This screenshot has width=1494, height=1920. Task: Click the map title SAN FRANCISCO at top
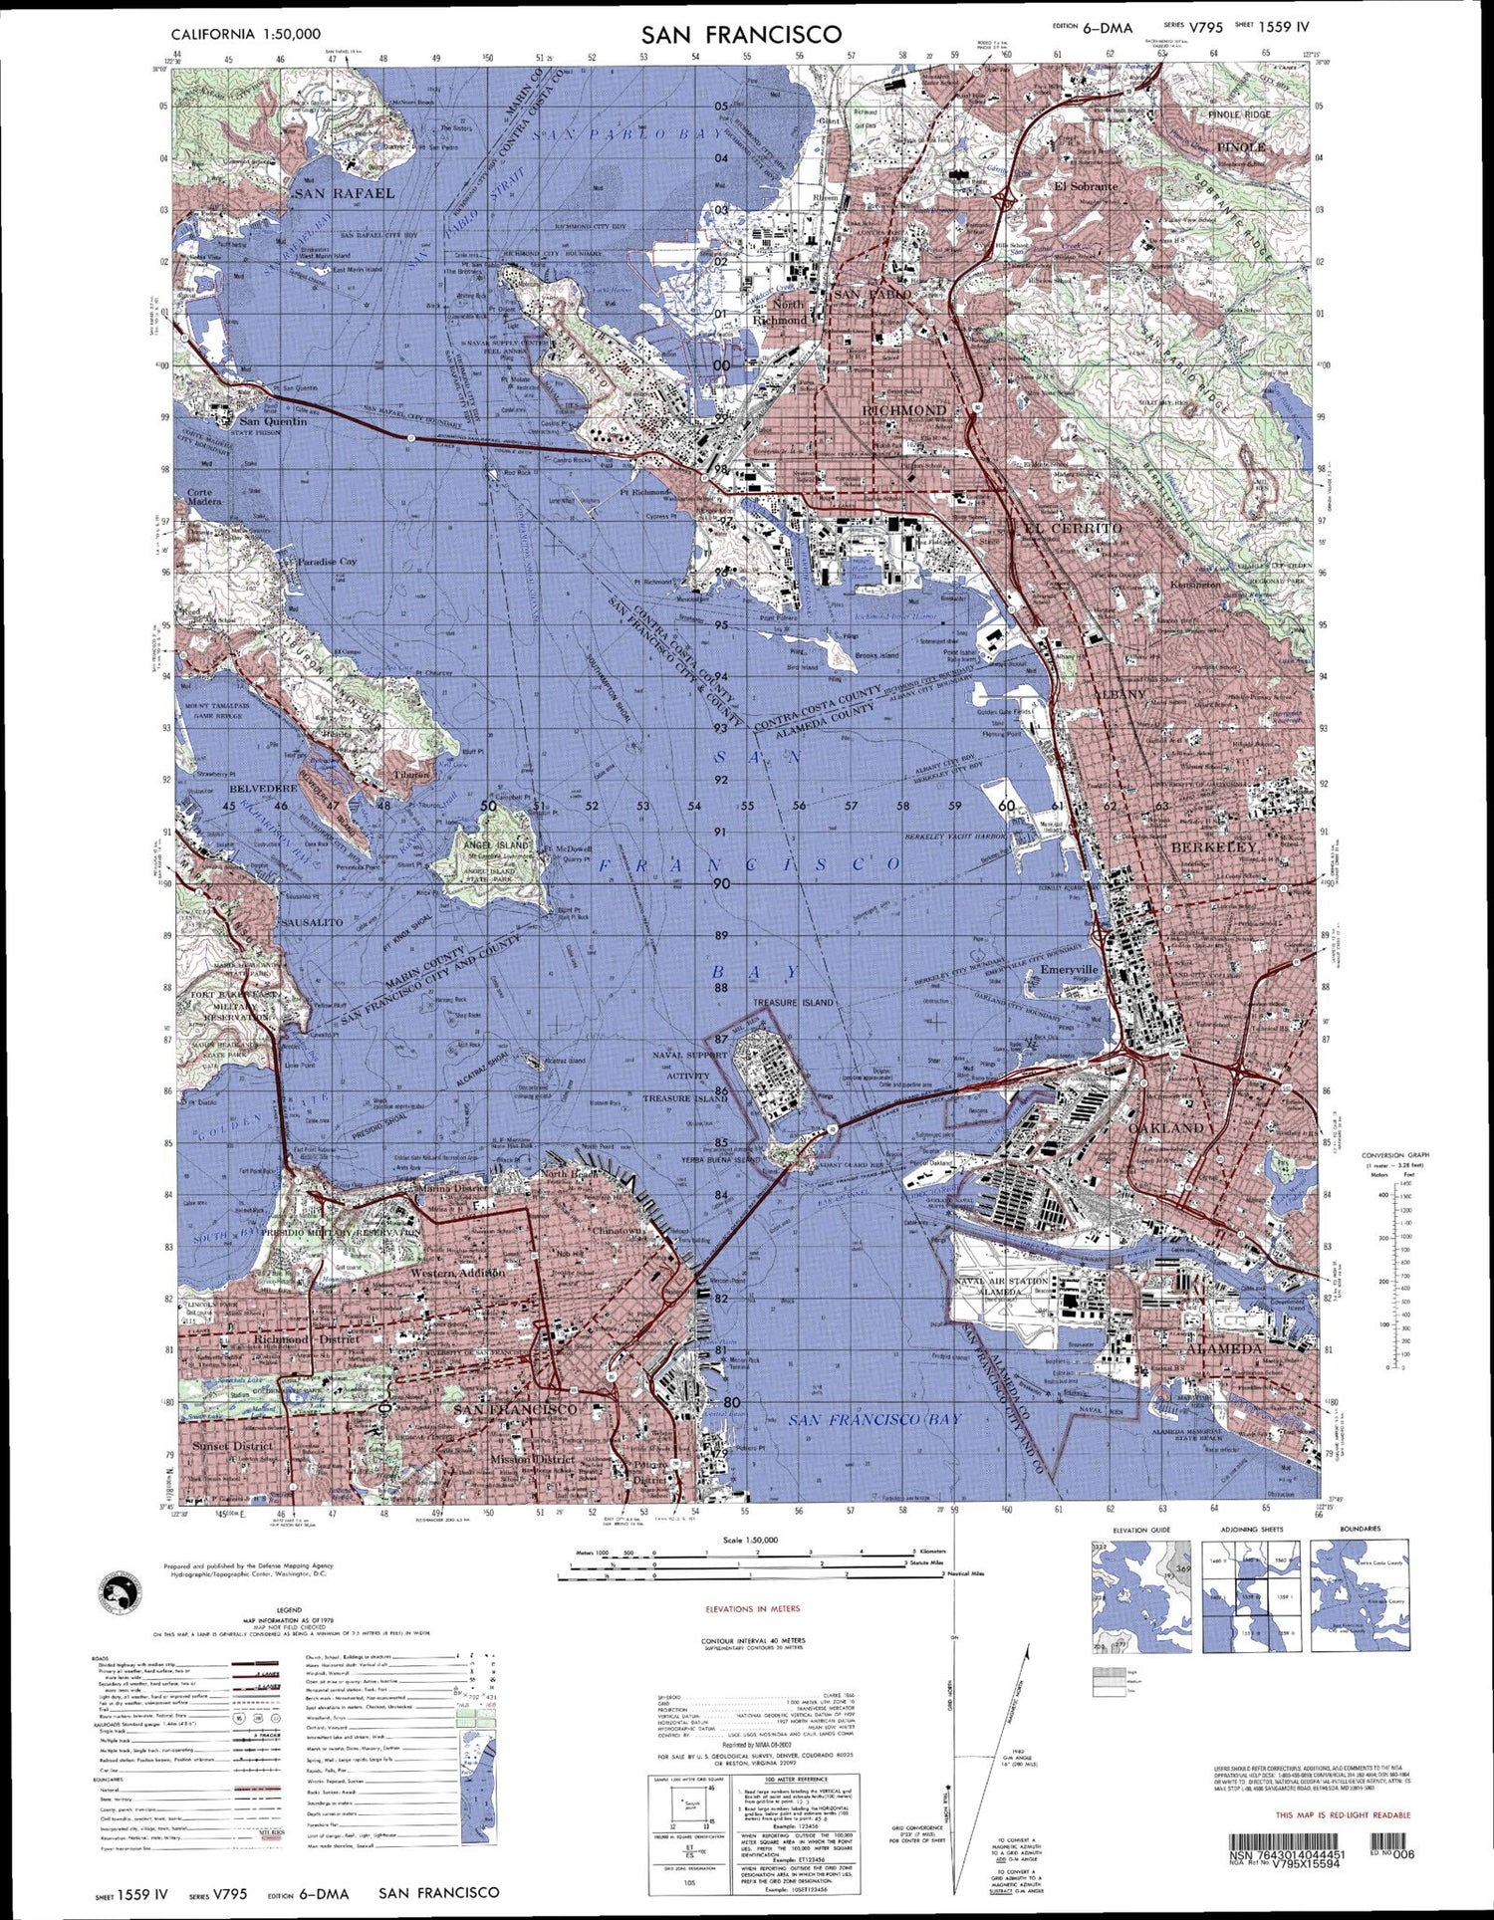(x=741, y=35)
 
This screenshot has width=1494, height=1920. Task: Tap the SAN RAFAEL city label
(x=345, y=192)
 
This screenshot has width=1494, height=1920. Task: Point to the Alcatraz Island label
(x=566, y=1061)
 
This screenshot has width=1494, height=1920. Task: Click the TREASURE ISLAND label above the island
(x=793, y=1002)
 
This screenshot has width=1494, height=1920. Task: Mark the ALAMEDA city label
(x=1224, y=1350)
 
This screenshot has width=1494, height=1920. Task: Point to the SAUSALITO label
(x=312, y=922)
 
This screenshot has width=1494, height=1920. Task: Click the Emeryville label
(x=1068, y=968)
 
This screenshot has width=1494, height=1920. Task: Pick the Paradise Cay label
(x=327, y=562)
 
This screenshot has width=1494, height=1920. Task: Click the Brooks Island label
(x=876, y=655)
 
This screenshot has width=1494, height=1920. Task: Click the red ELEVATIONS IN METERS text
(x=753, y=1608)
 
